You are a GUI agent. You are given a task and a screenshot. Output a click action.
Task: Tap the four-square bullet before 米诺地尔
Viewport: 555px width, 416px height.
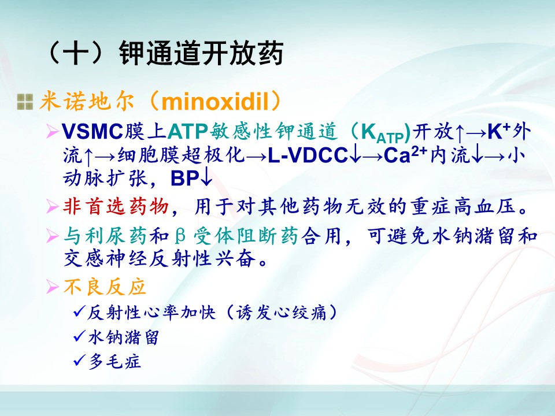click(25, 102)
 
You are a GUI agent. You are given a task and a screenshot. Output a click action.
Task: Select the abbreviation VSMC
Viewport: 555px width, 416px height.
click(92, 132)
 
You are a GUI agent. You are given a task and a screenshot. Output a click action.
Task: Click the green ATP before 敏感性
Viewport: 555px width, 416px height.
click(187, 132)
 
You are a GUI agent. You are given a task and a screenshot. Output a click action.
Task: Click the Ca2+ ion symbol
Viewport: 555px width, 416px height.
click(406, 154)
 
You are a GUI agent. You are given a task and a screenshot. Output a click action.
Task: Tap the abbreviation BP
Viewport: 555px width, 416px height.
click(184, 179)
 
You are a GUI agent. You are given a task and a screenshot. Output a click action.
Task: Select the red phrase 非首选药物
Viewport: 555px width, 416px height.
click(116, 206)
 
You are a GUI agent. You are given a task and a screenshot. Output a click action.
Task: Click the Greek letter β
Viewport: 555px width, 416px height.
click(180, 236)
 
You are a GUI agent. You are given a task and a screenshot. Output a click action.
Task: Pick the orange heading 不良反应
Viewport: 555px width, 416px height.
click(105, 287)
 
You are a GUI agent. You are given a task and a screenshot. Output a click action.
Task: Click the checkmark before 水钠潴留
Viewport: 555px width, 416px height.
click(79, 336)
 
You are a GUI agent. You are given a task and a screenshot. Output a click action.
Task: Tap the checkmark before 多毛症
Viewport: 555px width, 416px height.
click(79, 361)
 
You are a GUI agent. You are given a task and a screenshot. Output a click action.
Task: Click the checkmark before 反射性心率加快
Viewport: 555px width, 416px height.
click(79, 311)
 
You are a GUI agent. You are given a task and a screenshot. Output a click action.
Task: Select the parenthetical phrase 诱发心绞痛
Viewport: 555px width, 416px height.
click(282, 313)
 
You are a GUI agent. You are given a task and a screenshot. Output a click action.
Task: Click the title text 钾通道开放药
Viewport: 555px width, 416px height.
click(201, 53)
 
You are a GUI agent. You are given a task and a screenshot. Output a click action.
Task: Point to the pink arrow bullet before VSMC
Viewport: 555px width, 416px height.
click(53, 132)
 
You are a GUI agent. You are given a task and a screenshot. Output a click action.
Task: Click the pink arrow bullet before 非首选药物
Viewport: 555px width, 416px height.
click(53, 207)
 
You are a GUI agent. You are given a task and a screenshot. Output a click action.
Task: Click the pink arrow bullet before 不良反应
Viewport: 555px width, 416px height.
click(53, 287)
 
